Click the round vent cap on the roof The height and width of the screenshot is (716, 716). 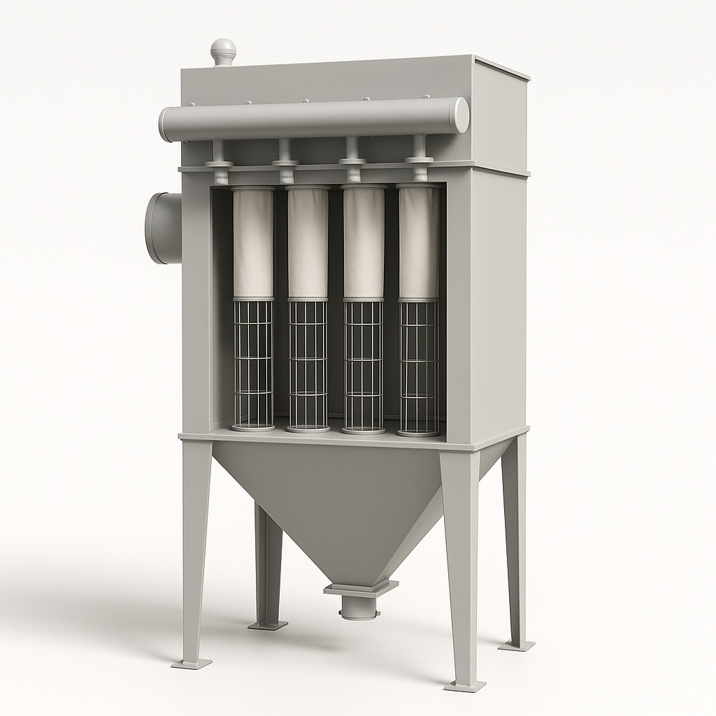tap(223, 50)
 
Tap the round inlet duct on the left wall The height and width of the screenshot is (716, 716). tap(162, 228)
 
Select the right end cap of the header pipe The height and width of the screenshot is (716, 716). tap(459, 115)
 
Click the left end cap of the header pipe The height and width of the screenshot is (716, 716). tap(165, 125)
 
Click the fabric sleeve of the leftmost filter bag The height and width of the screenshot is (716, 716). tap(253, 243)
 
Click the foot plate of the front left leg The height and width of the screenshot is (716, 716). tap(191, 661)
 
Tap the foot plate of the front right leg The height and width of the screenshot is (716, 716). tap(464, 685)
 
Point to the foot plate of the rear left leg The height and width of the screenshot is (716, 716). tap(267, 624)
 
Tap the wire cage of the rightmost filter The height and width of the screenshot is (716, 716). tap(419, 367)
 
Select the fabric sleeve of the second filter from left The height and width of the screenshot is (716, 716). tap(308, 243)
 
